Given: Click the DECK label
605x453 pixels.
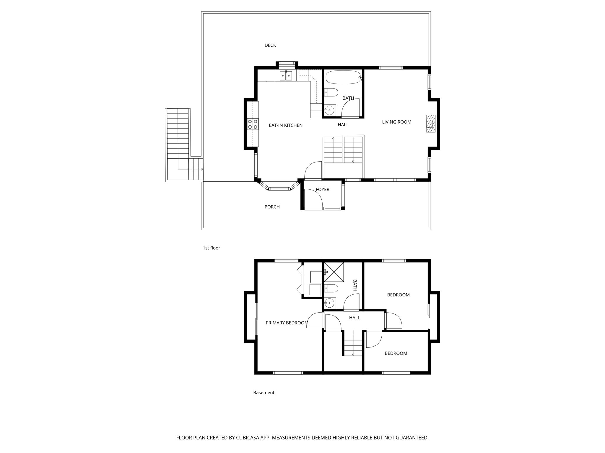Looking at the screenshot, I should pyautogui.click(x=270, y=45).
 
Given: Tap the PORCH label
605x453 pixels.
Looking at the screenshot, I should pyautogui.click(x=272, y=207).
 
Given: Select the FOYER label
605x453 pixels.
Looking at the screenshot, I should pyautogui.click(x=322, y=189).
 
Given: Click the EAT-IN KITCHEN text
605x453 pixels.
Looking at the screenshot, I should pyautogui.click(x=285, y=125).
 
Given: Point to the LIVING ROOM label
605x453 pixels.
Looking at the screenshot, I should pyautogui.click(x=396, y=122).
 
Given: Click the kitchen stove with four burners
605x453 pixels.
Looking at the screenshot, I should pyautogui.click(x=253, y=124).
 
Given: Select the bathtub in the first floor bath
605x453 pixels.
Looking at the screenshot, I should pyautogui.click(x=343, y=77).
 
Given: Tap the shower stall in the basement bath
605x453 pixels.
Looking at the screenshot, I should pyautogui.click(x=334, y=272).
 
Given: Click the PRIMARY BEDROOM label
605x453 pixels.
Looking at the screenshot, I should pyautogui.click(x=287, y=323).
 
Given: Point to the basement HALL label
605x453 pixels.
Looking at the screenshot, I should pyautogui.click(x=354, y=318).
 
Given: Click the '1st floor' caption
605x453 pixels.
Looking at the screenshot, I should pyautogui.click(x=211, y=248).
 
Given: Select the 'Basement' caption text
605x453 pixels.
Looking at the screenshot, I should pyautogui.click(x=264, y=392).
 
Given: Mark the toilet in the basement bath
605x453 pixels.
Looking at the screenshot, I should pyautogui.click(x=331, y=288).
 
